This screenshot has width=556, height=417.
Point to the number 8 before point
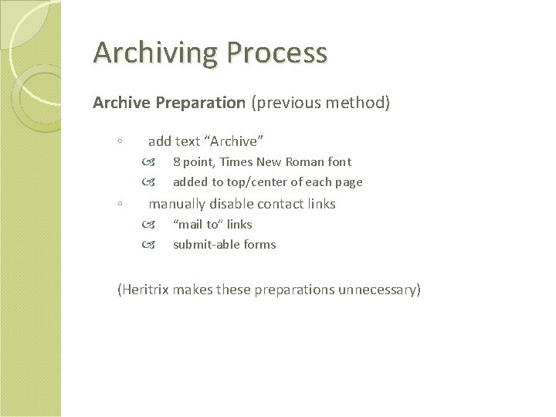pyautogui.click(x=176, y=162)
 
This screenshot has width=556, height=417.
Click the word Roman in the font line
pyautogui.click(x=305, y=162)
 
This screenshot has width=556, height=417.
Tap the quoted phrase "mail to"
pyautogui.click(x=197, y=225)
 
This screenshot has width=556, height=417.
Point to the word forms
pyautogui.click(x=259, y=245)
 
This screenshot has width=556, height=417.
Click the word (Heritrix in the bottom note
pyautogui.click(x=143, y=290)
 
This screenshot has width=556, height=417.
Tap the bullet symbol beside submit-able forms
pyautogui.click(x=148, y=246)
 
